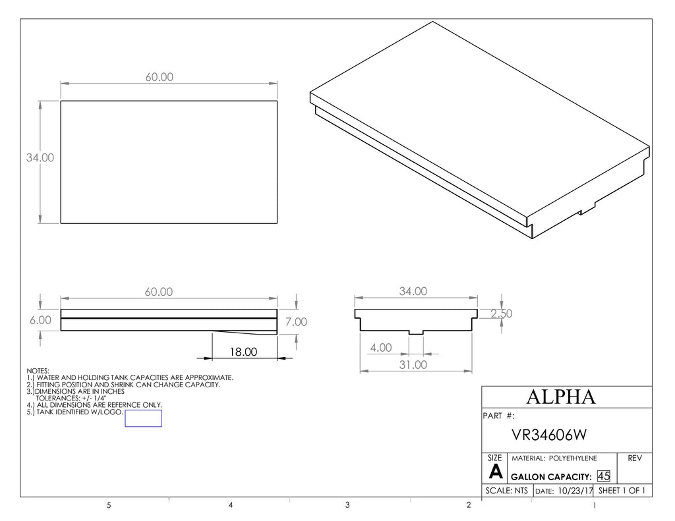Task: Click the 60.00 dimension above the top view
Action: (160, 77)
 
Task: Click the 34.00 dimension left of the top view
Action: (40, 157)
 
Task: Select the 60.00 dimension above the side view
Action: (159, 292)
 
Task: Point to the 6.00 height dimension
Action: (40, 320)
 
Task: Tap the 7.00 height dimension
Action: (296, 322)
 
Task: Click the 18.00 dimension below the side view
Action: (243, 352)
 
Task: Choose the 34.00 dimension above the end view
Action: (413, 291)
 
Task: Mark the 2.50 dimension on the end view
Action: (502, 314)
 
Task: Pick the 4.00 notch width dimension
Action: (381, 348)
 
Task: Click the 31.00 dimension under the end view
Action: (413, 365)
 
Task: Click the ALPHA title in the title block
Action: (561, 397)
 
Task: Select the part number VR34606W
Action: (549, 435)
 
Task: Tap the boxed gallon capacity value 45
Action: (604, 476)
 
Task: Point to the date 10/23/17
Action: (575, 491)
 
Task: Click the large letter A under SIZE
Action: (496, 472)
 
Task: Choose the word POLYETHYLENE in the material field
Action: (573, 458)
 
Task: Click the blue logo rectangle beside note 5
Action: (143, 418)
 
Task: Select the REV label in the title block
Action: (635, 458)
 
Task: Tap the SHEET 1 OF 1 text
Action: (622, 491)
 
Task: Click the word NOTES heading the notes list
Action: (38, 371)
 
